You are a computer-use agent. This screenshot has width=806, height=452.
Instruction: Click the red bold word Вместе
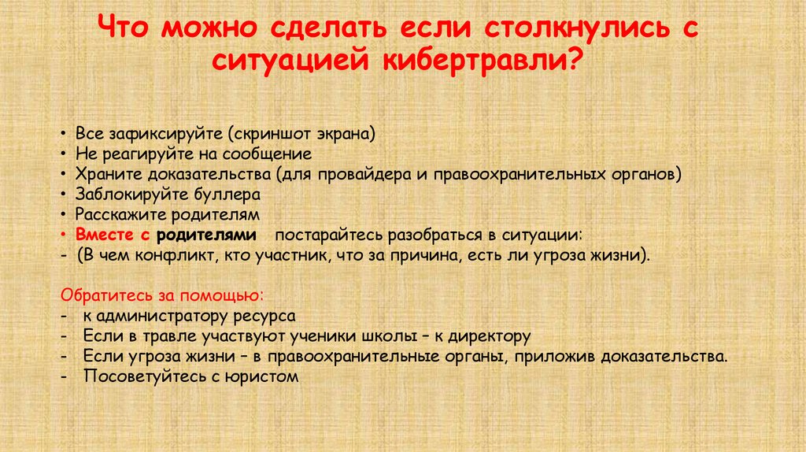click(x=101, y=235)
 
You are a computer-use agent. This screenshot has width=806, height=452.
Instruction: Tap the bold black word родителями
click(x=206, y=235)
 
